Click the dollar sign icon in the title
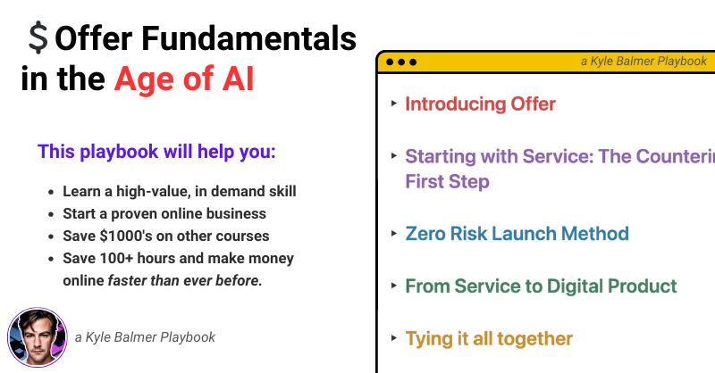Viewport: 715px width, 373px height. [x=38, y=37]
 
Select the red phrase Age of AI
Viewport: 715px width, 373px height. [x=184, y=79]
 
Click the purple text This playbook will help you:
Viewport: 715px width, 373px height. [x=156, y=152]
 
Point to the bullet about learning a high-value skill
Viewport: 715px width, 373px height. [x=180, y=191]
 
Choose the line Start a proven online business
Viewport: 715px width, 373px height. [x=164, y=213]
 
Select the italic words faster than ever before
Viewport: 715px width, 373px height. [x=185, y=280]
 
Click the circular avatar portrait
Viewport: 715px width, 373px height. [x=38, y=337]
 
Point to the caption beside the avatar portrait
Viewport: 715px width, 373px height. [x=145, y=337]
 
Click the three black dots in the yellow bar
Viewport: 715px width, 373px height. [x=401, y=62]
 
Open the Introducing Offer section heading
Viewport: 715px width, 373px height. [x=480, y=104]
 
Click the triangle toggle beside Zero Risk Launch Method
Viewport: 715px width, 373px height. [x=394, y=233]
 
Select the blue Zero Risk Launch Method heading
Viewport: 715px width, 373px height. [x=517, y=234]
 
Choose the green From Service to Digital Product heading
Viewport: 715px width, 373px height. [x=541, y=286]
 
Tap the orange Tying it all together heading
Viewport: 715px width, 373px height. [x=489, y=338]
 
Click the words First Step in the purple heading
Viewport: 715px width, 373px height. [x=448, y=181]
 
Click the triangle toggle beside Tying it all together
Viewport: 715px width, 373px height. [x=394, y=338]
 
